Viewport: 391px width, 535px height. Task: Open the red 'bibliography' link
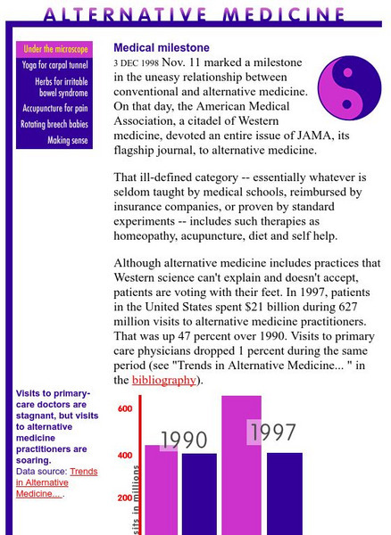pyautogui.click(x=163, y=380)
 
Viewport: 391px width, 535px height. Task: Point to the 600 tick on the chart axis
pyautogui.click(x=125, y=409)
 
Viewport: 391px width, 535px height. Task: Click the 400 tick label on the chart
pyautogui.click(x=125, y=456)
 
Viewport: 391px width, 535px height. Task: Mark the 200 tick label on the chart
pyautogui.click(x=125, y=498)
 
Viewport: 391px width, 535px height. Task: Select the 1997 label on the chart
pyautogui.click(x=273, y=432)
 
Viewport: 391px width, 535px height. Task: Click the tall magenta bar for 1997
pyautogui.click(x=241, y=481)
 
